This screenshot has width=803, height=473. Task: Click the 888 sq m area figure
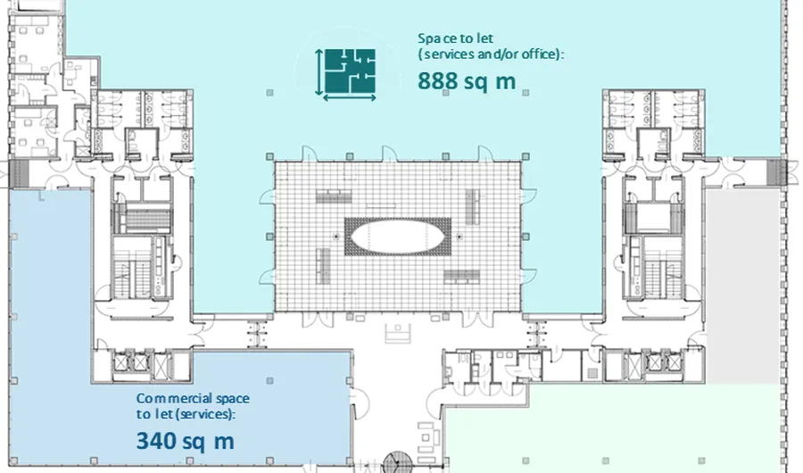tap(467, 81)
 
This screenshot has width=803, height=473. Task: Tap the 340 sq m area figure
tap(186, 441)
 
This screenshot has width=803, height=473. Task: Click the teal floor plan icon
tap(350, 71)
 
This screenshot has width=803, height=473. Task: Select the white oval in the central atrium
tap(398, 236)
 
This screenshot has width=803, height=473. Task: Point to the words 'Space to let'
tap(455, 38)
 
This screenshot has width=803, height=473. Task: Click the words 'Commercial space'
tap(193, 398)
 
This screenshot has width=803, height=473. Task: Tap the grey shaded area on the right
tap(743, 286)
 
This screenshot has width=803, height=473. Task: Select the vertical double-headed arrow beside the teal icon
tap(319, 72)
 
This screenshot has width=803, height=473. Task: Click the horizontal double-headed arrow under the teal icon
tap(349, 97)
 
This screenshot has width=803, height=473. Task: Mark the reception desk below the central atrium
tap(398, 333)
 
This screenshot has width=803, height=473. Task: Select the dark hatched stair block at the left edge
tap(20, 173)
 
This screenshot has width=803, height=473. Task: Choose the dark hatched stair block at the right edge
tap(776, 173)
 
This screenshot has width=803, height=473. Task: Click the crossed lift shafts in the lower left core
tap(131, 363)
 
